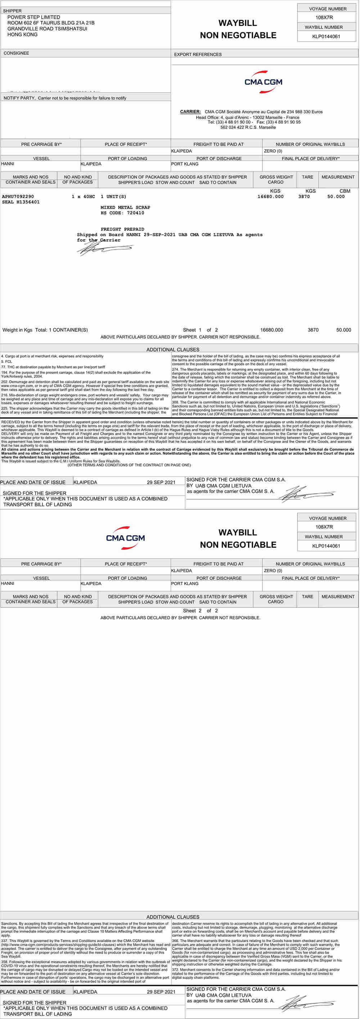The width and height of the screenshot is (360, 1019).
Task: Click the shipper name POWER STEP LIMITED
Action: point(33,17)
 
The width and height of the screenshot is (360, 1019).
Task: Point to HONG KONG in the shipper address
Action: point(23,35)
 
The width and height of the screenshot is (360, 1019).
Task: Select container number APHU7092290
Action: point(18,197)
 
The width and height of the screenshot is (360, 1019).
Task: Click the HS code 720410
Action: point(135,213)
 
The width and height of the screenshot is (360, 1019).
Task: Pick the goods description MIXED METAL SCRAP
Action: point(125,208)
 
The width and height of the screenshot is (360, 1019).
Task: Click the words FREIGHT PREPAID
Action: point(122,229)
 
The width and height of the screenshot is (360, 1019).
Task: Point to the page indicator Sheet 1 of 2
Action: point(200,330)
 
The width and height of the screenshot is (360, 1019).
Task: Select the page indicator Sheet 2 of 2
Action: point(200,611)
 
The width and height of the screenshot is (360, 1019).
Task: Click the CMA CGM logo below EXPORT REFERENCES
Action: point(263,82)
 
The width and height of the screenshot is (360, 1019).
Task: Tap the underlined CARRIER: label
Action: point(190,112)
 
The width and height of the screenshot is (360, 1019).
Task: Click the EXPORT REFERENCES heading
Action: point(198,55)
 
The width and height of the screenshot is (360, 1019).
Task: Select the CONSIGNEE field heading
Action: point(16,53)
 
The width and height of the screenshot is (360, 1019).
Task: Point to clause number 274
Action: point(175,369)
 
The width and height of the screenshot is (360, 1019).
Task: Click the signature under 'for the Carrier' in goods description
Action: point(104,248)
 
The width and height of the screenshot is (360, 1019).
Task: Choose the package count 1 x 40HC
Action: point(83,197)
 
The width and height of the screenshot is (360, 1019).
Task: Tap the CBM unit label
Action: point(345,191)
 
